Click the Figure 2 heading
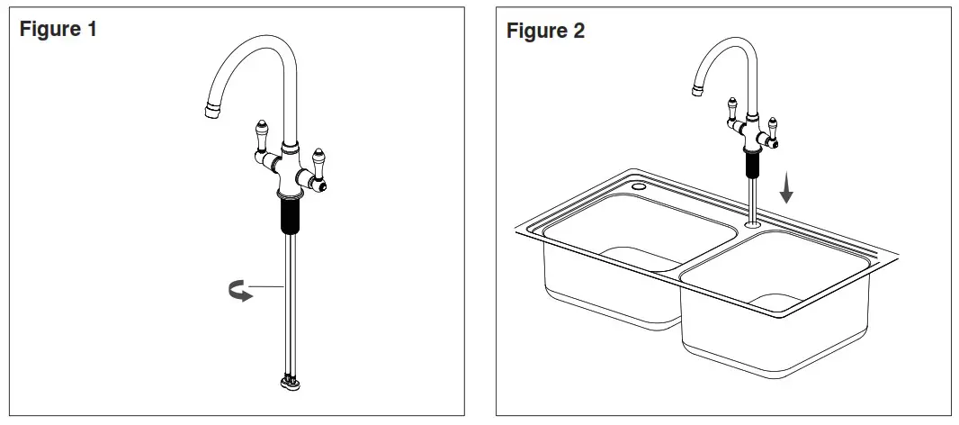[x=545, y=32]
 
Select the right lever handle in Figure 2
[x=773, y=129]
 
